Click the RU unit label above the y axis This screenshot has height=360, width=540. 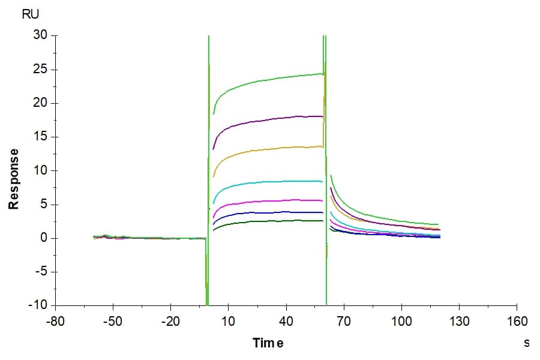pos(31,14)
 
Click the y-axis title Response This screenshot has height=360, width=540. pos(13,179)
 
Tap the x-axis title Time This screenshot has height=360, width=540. pos(268,343)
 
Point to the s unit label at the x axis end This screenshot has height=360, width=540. pos(527,343)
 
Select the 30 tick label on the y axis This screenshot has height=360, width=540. pos(40,34)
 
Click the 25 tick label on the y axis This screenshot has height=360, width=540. pos(40,69)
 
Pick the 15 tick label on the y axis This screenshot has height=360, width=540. pos(40,136)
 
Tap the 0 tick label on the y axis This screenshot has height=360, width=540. pos(44,238)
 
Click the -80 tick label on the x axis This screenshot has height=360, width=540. pos(55,322)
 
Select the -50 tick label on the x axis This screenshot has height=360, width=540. pos(113,322)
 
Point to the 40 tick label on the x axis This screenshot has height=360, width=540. pos(286,322)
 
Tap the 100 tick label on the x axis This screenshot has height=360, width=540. pos(401,322)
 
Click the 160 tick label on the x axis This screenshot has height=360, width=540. pos(517,322)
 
